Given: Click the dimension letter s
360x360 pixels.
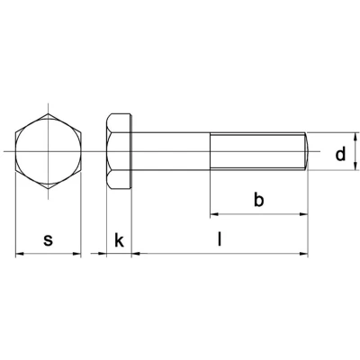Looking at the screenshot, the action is point(48,239).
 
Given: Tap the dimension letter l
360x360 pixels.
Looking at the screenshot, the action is point(220,239).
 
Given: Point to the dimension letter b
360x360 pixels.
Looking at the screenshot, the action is point(258,200).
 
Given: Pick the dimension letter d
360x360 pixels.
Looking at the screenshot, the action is point(340,154).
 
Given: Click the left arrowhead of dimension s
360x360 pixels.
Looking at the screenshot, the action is point(19,254).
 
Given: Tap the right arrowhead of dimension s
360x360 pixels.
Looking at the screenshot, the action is point(76,254).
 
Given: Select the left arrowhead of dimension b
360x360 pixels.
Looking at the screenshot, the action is point(214,214).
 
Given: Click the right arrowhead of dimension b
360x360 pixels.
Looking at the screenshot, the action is point(304,214).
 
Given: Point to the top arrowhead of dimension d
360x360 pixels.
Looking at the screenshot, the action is point(355,136).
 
